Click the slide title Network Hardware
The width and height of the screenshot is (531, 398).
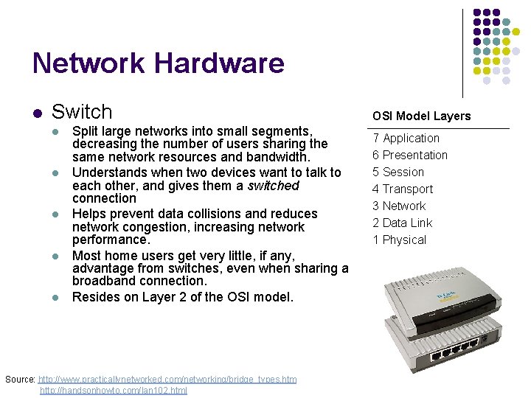pyautogui.click(x=158, y=63)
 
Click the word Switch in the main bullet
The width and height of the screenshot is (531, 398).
pyautogui.click(x=82, y=112)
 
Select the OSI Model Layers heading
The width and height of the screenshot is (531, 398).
pyautogui.click(x=421, y=116)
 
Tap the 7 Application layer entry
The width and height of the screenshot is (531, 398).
pyautogui.click(x=406, y=138)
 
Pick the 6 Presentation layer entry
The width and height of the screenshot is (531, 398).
pyautogui.click(x=410, y=155)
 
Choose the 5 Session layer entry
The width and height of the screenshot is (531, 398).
pyautogui.click(x=398, y=172)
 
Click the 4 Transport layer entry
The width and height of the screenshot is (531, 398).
pyautogui.click(x=403, y=189)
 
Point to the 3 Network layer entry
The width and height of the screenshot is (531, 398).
pyautogui.click(x=399, y=206)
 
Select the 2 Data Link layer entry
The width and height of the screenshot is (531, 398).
pyautogui.click(x=402, y=223)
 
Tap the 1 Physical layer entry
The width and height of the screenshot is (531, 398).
pyautogui.click(x=399, y=240)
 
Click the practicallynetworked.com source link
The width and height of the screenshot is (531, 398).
pyautogui.click(x=167, y=380)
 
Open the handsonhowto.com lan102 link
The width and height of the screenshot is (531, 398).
pyautogui.click(x=114, y=391)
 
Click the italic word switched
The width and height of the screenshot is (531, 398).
pyautogui.click(x=274, y=186)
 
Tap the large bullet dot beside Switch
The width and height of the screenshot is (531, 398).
pyautogui.click(x=37, y=113)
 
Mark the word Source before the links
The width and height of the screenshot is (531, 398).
pyautogui.click(x=19, y=380)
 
